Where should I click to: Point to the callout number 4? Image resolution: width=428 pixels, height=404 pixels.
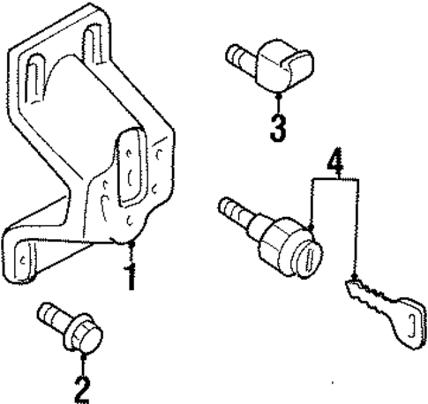(x=333, y=162)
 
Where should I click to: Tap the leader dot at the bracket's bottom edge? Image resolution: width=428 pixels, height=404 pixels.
(x=131, y=243)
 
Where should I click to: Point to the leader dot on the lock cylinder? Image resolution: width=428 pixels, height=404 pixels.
(x=312, y=232)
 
